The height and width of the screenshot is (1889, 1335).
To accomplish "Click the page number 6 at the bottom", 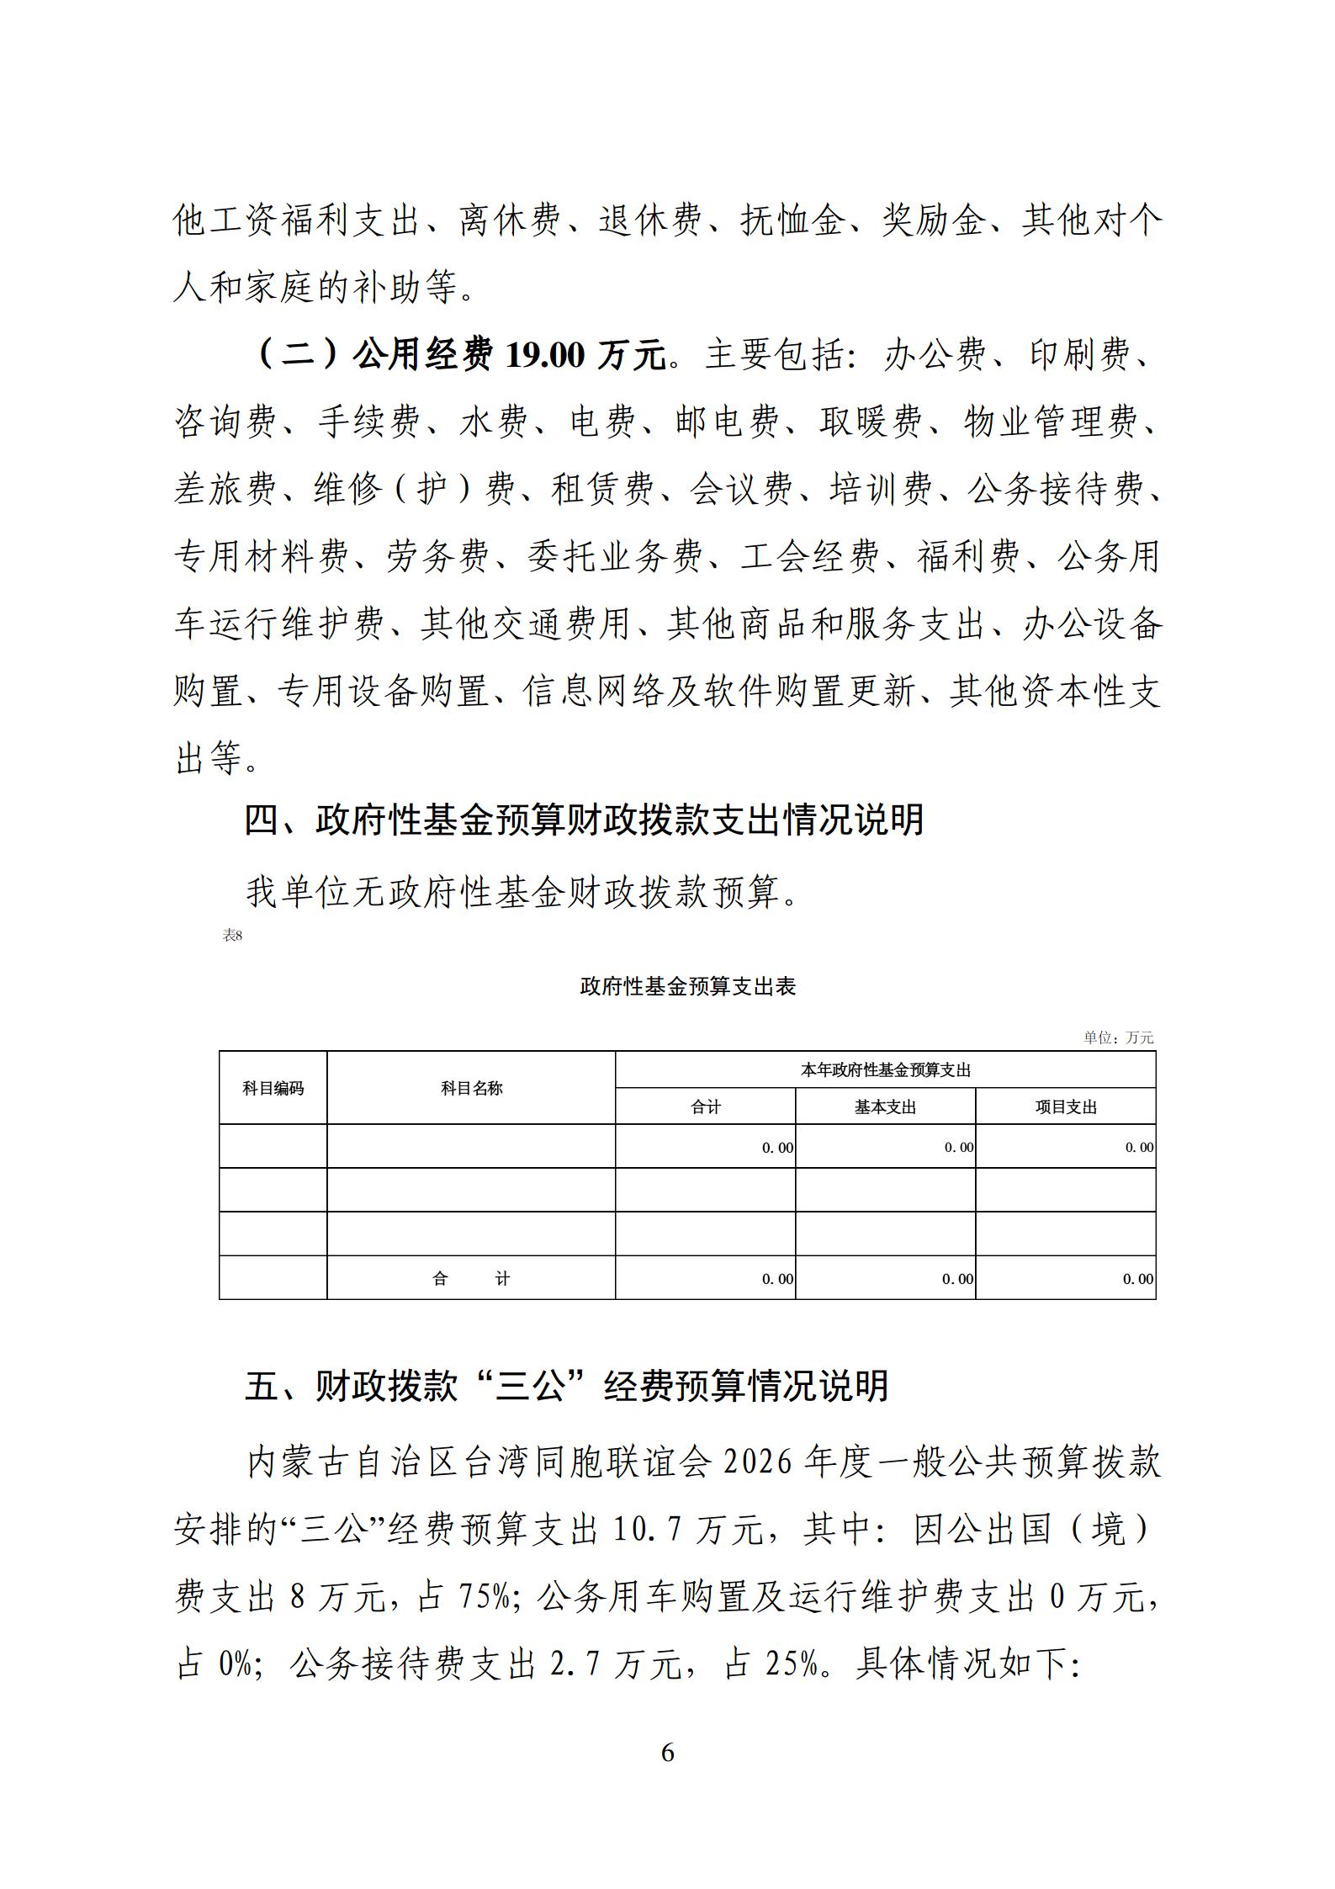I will click(668, 1752).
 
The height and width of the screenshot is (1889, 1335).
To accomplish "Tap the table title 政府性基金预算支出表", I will click(688, 986).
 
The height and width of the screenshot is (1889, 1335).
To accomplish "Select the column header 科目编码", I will click(273, 1088).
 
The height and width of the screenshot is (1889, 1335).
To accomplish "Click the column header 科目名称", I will click(471, 1088).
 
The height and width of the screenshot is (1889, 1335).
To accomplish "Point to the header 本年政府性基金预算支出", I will click(885, 1070).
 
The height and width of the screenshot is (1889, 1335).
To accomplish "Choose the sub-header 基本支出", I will click(885, 1107).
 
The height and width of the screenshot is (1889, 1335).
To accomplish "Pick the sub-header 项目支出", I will click(1066, 1107).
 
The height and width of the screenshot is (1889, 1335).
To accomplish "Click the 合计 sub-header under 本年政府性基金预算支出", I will click(705, 1107).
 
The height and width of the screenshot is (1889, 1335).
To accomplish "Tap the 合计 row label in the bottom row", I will click(471, 1279).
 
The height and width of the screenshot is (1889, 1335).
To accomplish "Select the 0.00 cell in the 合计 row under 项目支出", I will click(1138, 1279).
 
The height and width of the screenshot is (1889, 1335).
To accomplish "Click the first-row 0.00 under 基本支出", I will click(958, 1148).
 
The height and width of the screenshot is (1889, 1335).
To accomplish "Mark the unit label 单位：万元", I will click(1118, 1037).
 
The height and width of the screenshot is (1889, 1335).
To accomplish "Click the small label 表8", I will click(232, 935).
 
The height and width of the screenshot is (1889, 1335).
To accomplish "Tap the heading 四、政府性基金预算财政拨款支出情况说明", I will click(584, 820).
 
